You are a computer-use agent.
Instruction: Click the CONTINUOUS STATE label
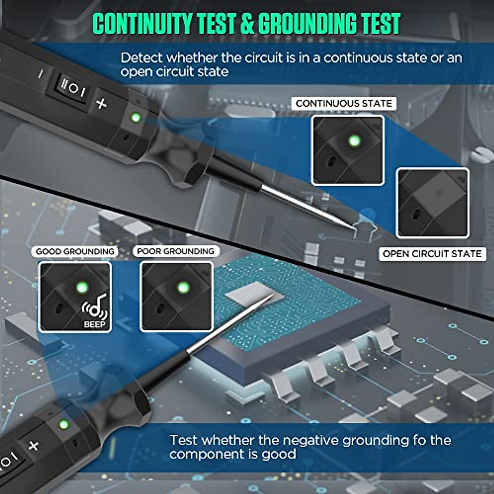coord(344,103)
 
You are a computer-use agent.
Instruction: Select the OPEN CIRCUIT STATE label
coord(432,254)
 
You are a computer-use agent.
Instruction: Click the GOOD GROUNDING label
coord(75,251)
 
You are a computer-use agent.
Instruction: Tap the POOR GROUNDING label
coord(175,251)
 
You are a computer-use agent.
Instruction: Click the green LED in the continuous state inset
coord(354,141)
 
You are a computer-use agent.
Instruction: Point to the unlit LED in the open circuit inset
coord(438,193)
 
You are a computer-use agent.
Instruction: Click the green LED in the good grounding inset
coord(82,287)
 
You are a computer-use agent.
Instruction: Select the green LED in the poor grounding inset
coord(182,287)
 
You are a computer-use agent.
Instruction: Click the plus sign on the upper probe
coord(101,103)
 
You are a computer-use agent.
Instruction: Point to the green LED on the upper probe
coord(135,118)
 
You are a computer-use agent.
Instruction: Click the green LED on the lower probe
coord(63,424)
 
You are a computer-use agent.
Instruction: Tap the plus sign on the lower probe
coord(34,445)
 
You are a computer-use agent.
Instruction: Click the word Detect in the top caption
coord(141,58)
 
